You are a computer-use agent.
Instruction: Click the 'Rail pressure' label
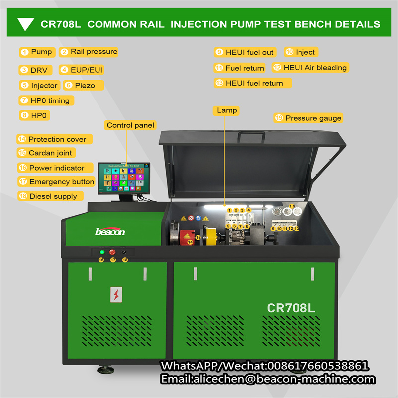(94, 52)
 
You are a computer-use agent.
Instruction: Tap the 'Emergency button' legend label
(61, 182)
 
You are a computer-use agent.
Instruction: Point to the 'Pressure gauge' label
(313, 118)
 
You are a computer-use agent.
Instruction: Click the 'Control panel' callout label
(130, 125)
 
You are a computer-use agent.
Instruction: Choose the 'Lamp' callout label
(227, 110)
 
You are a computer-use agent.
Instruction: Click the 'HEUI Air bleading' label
(314, 67)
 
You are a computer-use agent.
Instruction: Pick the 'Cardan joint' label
(50, 153)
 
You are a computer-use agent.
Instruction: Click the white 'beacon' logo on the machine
(110, 231)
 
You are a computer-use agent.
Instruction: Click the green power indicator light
(102, 252)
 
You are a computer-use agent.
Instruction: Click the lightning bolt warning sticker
(116, 295)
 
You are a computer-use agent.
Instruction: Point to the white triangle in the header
(25, 24)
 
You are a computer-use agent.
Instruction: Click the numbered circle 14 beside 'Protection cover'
(22, 139)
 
